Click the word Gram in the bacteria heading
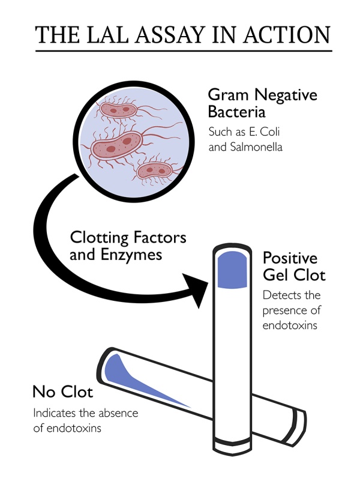pos(229,95)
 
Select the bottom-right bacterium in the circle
pos(154,171)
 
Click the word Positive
pos(290,258)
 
